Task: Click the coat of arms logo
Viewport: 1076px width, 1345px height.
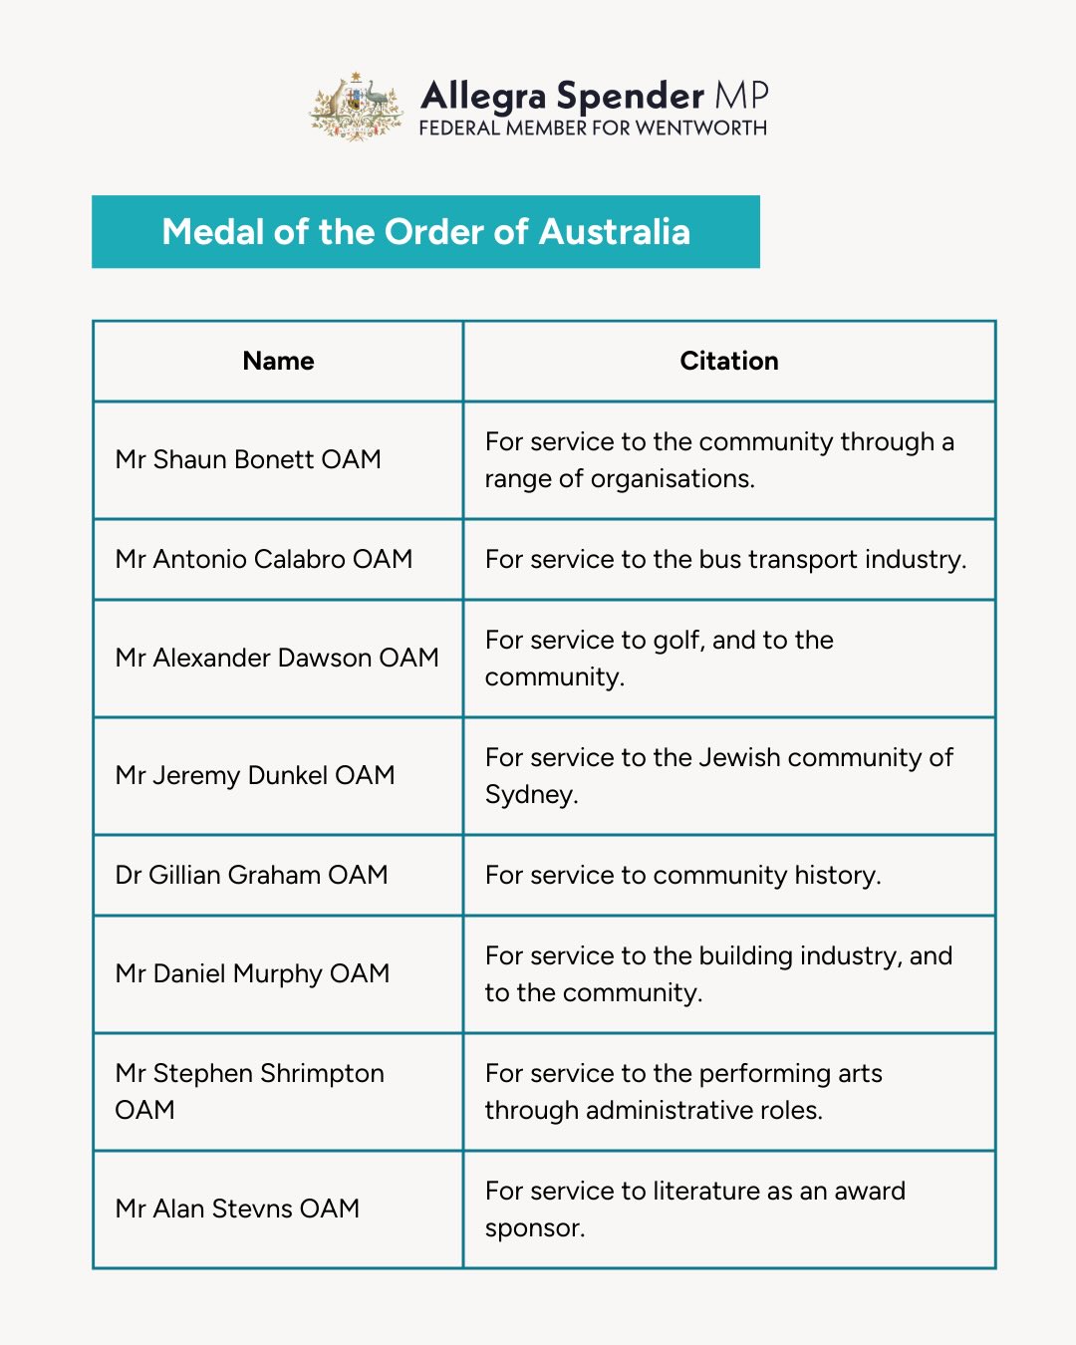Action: pos(356,106)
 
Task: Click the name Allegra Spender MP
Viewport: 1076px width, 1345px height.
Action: pos(594,96)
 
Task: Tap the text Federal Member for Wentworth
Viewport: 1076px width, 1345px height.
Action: pos(593,129)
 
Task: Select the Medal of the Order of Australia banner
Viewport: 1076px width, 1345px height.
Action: pos(425,232)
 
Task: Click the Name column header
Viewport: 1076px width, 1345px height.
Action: pos(278,361)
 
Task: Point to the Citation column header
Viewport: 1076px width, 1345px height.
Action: pos(729,361)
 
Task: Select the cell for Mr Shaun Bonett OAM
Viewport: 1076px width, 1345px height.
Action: pos(248,459)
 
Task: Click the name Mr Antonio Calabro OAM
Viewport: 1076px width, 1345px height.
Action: pos(264,559)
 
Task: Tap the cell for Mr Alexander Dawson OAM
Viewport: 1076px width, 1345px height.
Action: pos(277,658)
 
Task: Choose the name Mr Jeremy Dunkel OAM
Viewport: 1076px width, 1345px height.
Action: pos(255,775)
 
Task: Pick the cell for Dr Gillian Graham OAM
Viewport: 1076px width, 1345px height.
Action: pos(251,875)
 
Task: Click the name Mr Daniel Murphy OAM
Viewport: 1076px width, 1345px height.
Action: pos(252,973)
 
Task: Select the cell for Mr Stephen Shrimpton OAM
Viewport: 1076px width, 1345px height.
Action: pos(249,1091)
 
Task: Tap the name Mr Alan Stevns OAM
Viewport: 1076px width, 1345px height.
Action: pos(237,1209)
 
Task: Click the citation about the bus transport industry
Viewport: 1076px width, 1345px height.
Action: pos(725,559)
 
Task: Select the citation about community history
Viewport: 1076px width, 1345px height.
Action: pos(682,875)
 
